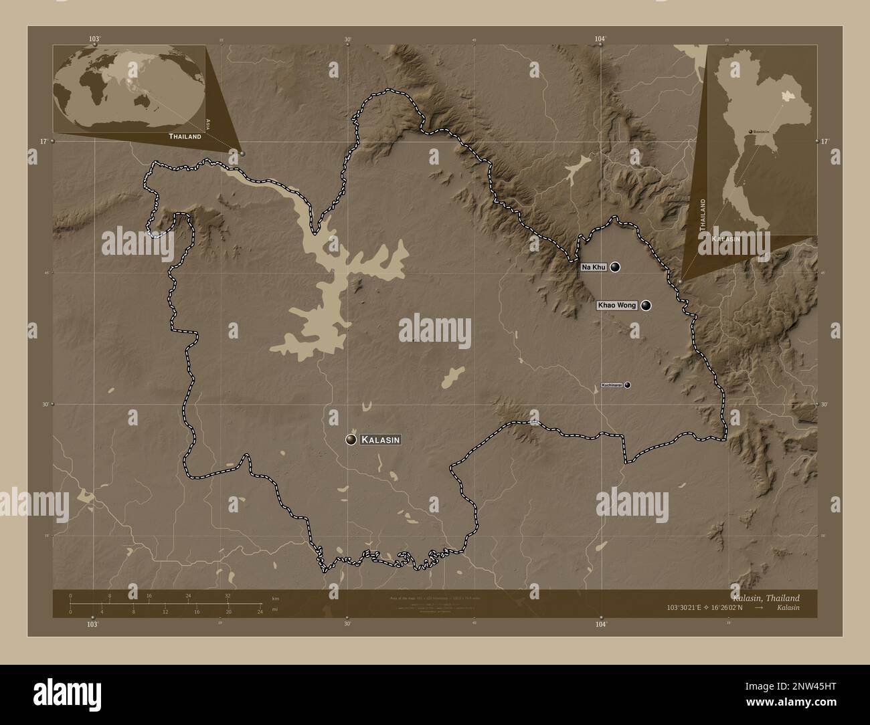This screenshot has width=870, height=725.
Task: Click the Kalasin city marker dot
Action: [x=351, y=439]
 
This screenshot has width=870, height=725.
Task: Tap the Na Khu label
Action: [x=594, y=267]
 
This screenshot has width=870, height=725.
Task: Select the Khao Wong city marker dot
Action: [x=645, y=306]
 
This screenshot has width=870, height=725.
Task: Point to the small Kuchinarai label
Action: [x=612, y=385]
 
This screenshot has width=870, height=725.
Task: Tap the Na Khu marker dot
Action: [x=615, y=267]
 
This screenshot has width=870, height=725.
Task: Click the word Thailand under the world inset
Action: [x=185, y=136]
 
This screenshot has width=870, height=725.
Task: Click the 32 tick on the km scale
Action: [x=228, y=596]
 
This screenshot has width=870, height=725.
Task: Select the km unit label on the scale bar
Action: [x=275, y=598]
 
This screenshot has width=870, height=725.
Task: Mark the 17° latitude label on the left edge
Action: [x=42, y=141]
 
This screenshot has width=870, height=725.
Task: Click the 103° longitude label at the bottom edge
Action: [x=92, y=623]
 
